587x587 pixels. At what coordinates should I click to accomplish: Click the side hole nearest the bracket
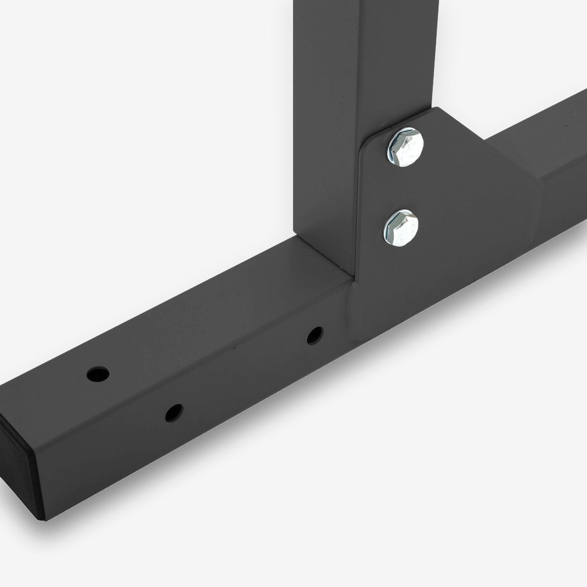point(315,335)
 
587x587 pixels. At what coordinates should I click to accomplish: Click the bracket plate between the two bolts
point(404,188)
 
